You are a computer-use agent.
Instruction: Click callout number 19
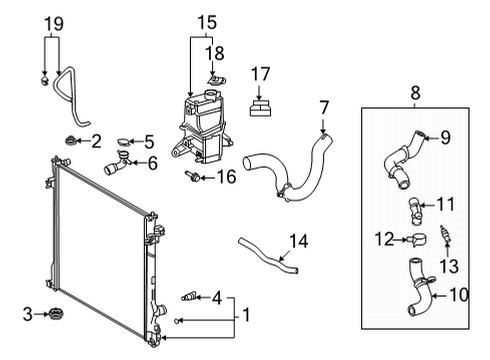[54, 23]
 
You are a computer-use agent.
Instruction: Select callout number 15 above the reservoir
[206, 20]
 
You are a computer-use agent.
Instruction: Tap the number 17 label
[261, 72]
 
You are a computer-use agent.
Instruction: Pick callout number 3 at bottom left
[29, 315]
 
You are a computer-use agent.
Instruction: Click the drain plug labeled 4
[185, 296]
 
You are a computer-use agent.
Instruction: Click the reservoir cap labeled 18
[212, 76]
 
